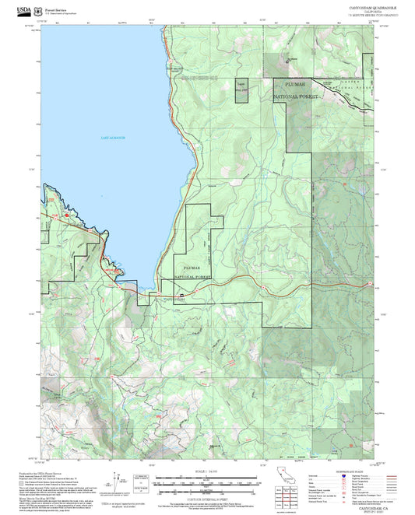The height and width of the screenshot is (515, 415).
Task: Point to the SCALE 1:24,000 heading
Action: [x=206, y=470]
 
